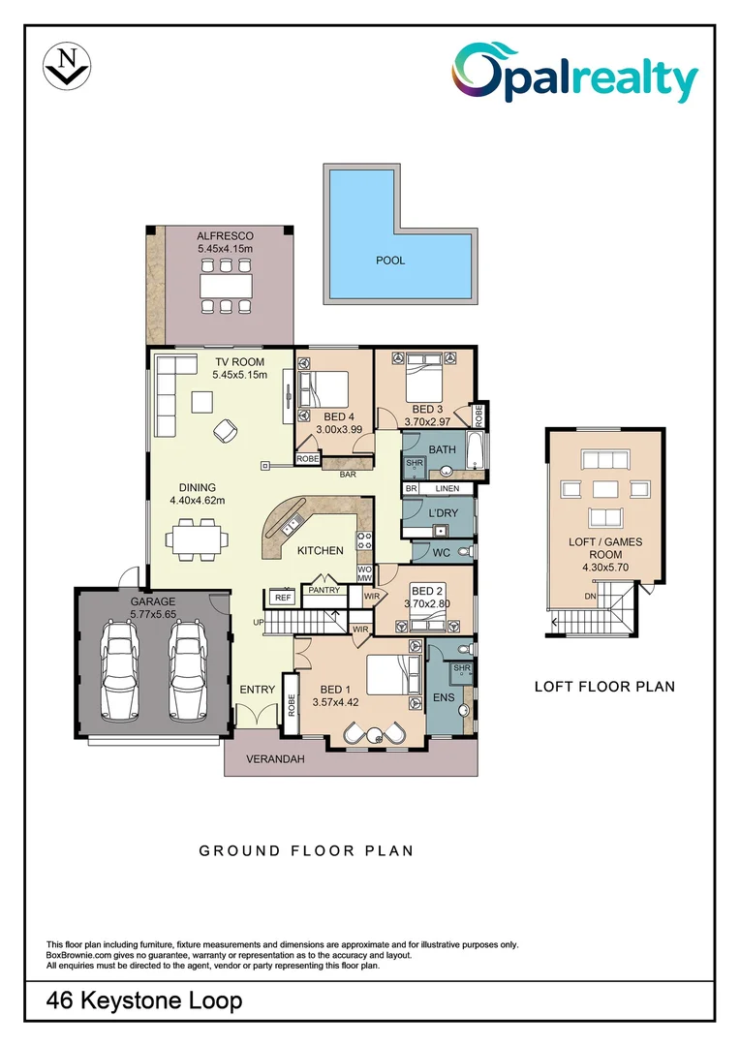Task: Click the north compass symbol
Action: (67, 65)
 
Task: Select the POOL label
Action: (390, 261)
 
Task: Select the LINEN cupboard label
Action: (447, 489)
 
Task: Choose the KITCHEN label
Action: (320, 550)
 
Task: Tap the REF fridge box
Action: (282, 598)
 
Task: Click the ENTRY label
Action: (257, 690)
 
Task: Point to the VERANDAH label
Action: (275, 759)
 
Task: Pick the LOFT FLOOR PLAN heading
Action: (604, 687)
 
